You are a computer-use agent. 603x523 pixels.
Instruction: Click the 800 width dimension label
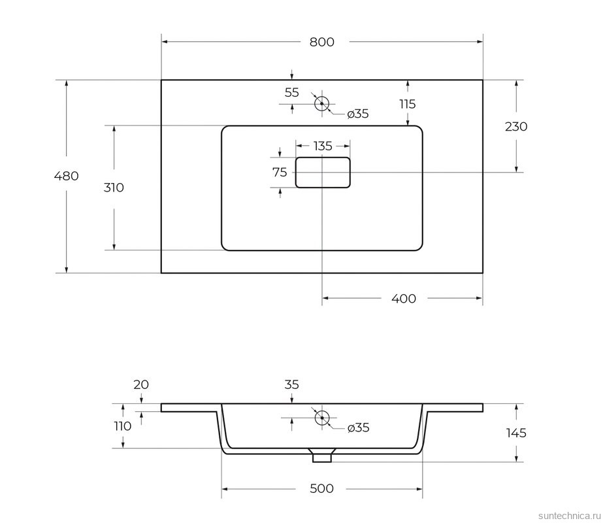coord(321,42)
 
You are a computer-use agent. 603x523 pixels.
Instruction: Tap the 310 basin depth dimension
coord(114,188)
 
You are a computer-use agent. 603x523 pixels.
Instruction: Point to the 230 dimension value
coord(516,127)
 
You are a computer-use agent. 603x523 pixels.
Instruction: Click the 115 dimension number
coord(407,104)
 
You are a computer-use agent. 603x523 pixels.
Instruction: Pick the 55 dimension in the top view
coord(292,93)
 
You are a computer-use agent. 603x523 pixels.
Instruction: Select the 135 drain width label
coord(323,145)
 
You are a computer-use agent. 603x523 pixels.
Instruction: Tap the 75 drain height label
coord(280,173)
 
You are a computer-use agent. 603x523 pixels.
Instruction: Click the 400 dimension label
coord(403,299)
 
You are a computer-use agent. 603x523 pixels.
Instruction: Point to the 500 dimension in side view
coord(321,488)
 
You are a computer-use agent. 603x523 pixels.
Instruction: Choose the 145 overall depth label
coord(515,433)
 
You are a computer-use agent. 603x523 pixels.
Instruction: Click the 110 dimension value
coord(122,426)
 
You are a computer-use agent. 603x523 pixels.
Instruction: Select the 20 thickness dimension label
coord(141,384)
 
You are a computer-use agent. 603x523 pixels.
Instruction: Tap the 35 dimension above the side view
coord(292,384)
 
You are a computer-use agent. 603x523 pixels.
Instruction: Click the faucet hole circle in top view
coord(321,103)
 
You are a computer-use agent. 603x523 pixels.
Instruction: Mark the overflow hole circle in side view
coord(321,418)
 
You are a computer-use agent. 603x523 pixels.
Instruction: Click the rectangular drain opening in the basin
coord(323,173)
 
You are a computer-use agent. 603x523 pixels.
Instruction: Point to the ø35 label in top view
coord(358,114)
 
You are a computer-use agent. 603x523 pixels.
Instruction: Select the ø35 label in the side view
coord(358,428)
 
